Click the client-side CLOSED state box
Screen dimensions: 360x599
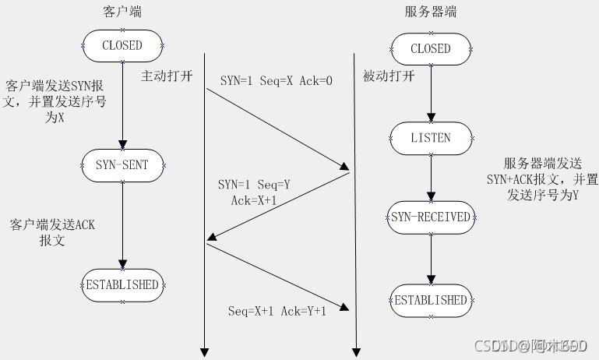coord(122,45)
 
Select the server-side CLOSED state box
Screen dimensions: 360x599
coord(430,48)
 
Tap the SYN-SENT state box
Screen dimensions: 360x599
coord(122,164)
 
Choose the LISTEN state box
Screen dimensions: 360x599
coord(430,137)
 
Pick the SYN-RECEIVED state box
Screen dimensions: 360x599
coord(430,217)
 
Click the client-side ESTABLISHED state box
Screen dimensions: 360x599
coord(122,284)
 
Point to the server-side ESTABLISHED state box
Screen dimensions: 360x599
coord(430,300)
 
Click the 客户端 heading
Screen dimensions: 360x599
coord(122,12)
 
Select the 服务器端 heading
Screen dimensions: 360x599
coord(431,12)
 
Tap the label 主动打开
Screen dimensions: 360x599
coord(165,76)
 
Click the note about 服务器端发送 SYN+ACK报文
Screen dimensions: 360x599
coord(550,180)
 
